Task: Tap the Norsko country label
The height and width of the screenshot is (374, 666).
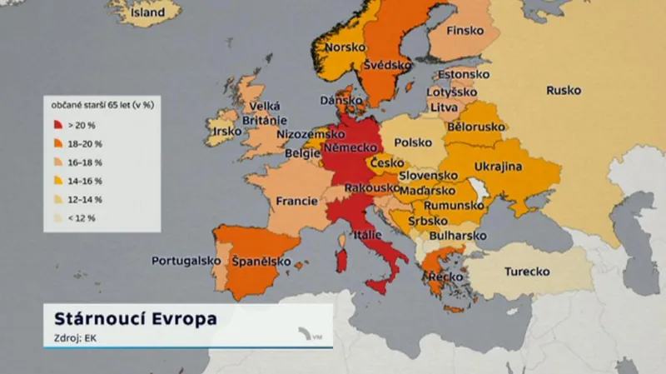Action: [345, 47]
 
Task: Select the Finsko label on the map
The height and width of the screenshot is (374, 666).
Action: [465, 32]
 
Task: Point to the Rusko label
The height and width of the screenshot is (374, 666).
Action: [564, 90]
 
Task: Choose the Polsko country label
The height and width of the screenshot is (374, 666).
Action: [413, 142]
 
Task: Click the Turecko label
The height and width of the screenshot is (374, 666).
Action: [525, 272]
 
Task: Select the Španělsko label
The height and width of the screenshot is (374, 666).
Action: [261, 262]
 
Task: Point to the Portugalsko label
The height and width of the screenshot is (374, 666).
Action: [186, 261]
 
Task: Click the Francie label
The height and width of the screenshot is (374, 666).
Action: [296, 201]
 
